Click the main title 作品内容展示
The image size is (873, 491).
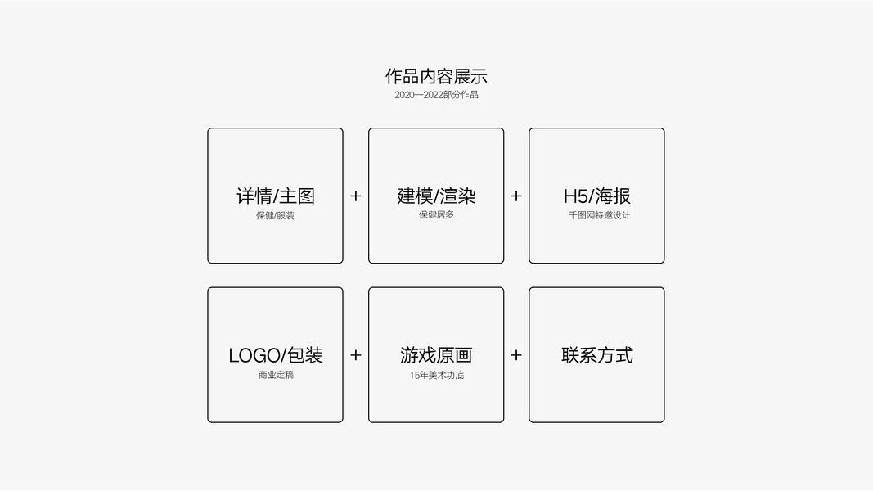pyautogui.click(x=436, y=77)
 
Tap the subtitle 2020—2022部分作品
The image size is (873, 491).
pyautogui.click(x=436, y=95)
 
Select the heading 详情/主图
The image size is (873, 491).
pyautogui.click(x=275, y=196)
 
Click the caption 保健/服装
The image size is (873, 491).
pyautogui.click(x=275, y=216)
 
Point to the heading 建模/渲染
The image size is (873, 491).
pyautogui.click(x=436, y=196)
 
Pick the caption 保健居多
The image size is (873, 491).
pyautogui.click(x=436, y=215)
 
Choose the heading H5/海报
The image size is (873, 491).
pyautogui.click(x=596, y=196)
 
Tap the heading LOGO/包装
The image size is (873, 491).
pyautogui.click(x=275, y=355)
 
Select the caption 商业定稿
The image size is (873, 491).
pyautogui.click(x=275, y=375)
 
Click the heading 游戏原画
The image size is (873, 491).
pyautogui.click(x=436, y=355)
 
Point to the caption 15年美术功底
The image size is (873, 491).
pyautogui.click(x=437, y=375)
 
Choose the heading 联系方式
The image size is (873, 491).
pyautogui.click(x=596, y=355)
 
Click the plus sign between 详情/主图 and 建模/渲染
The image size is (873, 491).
pyautogui.click(x=356, y=196)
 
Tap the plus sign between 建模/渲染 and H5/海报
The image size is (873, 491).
pyautogui.click(x=516, y=196)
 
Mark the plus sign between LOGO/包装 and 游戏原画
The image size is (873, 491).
pyautogui.click(x=356, y=355)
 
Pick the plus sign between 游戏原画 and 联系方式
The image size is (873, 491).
pyautogui.click(x=516, y=355)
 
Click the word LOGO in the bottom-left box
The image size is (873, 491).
pyautogui.click(x=254, y=356)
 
